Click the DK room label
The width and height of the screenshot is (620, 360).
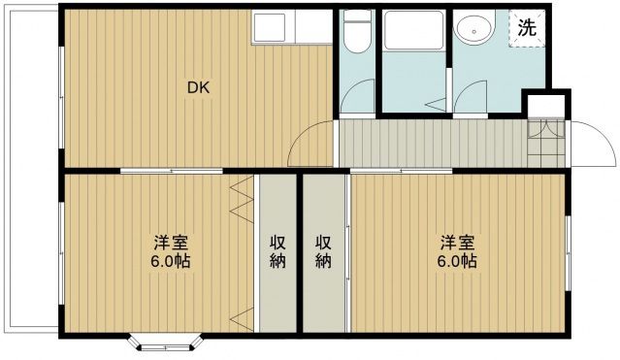(198, 87)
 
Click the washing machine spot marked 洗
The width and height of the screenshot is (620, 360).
(525, 28)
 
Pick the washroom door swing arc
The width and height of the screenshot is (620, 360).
(470, 97)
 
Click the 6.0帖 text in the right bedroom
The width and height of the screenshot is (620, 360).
(455, 262)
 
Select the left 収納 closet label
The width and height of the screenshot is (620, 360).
(277, 252)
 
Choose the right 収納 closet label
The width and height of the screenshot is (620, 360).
(323, 252)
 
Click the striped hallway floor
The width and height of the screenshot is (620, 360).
(427, 143)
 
